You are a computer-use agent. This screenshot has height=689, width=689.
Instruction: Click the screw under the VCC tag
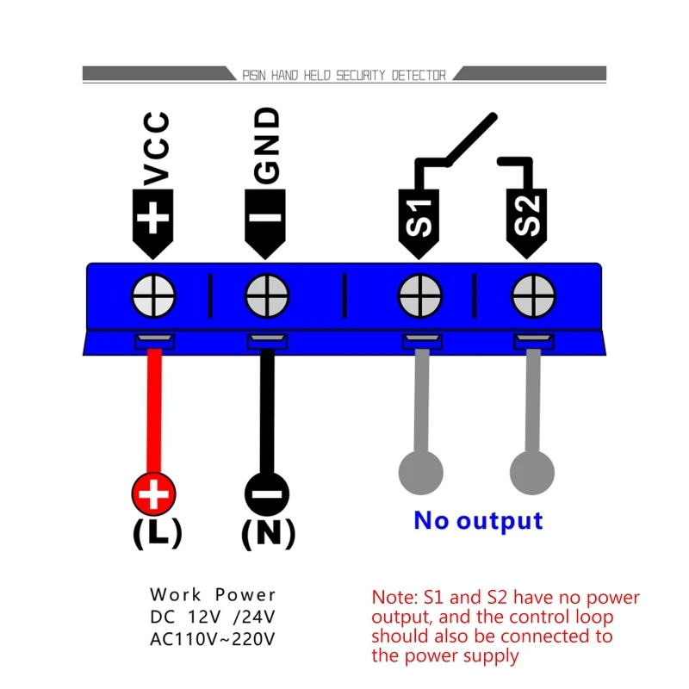pyautogui.click(x=154, y=298)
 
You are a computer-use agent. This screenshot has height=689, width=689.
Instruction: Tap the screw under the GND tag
pyautogui.click(x=267, y=298)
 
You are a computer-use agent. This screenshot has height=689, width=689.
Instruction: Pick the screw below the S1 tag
pyautogui.click(x=419, y=298)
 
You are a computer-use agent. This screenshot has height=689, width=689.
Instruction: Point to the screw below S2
pyautogui.click(x=531, y=298)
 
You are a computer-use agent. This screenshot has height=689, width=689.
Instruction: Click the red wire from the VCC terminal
pyautogui.click(x=154, y=413)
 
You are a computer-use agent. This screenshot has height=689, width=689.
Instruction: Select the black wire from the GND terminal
pyautogui.click(x=267, y=413)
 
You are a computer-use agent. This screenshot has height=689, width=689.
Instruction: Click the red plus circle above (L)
pyautogui.click(x=154, y=495)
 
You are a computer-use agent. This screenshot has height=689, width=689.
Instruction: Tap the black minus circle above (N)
pyautogui.click(x=267, y=495)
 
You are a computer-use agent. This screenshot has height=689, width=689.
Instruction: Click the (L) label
pyautogui.click(x=157, y=534)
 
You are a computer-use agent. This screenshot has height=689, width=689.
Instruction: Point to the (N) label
pyautogui.click(x=268, y=534)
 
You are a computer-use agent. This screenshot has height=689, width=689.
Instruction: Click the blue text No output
pyautogui.click(x=478, y=521)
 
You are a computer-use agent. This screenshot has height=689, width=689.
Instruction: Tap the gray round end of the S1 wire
pyautogui.click(x=420, y=471)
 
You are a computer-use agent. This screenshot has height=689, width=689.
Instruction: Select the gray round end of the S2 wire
pyautogui.click(x=532, y=471)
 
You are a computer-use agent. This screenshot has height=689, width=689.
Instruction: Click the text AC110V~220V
pyautogui.click(x=213, y=638)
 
